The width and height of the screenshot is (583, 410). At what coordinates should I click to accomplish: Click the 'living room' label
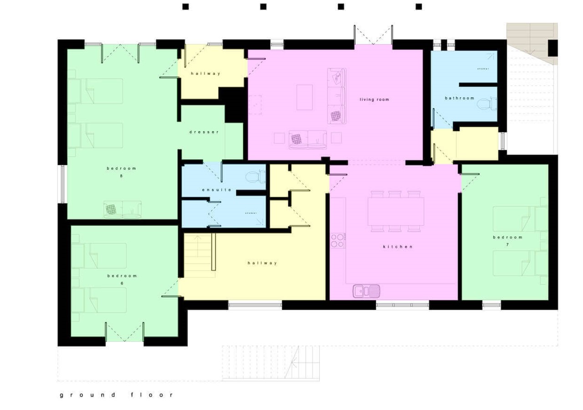point(374,99)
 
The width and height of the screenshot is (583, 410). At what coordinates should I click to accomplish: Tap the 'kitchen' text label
point(397,246)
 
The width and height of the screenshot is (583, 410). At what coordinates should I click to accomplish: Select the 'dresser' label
point(204,132)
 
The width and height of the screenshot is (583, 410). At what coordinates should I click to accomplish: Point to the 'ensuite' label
point(217,190)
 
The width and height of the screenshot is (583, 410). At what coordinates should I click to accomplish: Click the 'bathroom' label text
point(459,98)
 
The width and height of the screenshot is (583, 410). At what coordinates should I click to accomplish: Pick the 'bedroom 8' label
point(121,172)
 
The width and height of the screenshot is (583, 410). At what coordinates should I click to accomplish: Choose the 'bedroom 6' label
point(122,279)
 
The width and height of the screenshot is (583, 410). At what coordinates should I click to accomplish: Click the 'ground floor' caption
point(116,395)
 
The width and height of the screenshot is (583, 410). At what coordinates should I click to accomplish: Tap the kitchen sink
point(366,291)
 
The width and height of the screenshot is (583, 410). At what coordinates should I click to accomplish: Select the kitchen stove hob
point(338,240)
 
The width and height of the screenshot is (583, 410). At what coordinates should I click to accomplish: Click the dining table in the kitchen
point(395,211)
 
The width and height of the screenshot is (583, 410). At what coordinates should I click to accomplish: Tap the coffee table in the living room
point(304,97)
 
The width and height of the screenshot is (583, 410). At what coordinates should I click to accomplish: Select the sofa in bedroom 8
point(122,209)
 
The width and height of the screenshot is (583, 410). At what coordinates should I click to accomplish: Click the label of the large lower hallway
point(262,263)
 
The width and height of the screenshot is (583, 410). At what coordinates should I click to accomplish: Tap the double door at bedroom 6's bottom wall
point(124,332)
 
